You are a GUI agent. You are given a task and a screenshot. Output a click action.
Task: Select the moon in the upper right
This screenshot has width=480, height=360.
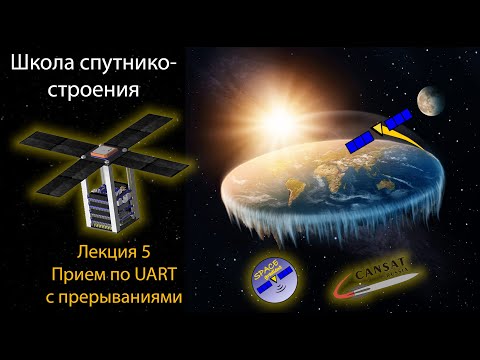433,98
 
